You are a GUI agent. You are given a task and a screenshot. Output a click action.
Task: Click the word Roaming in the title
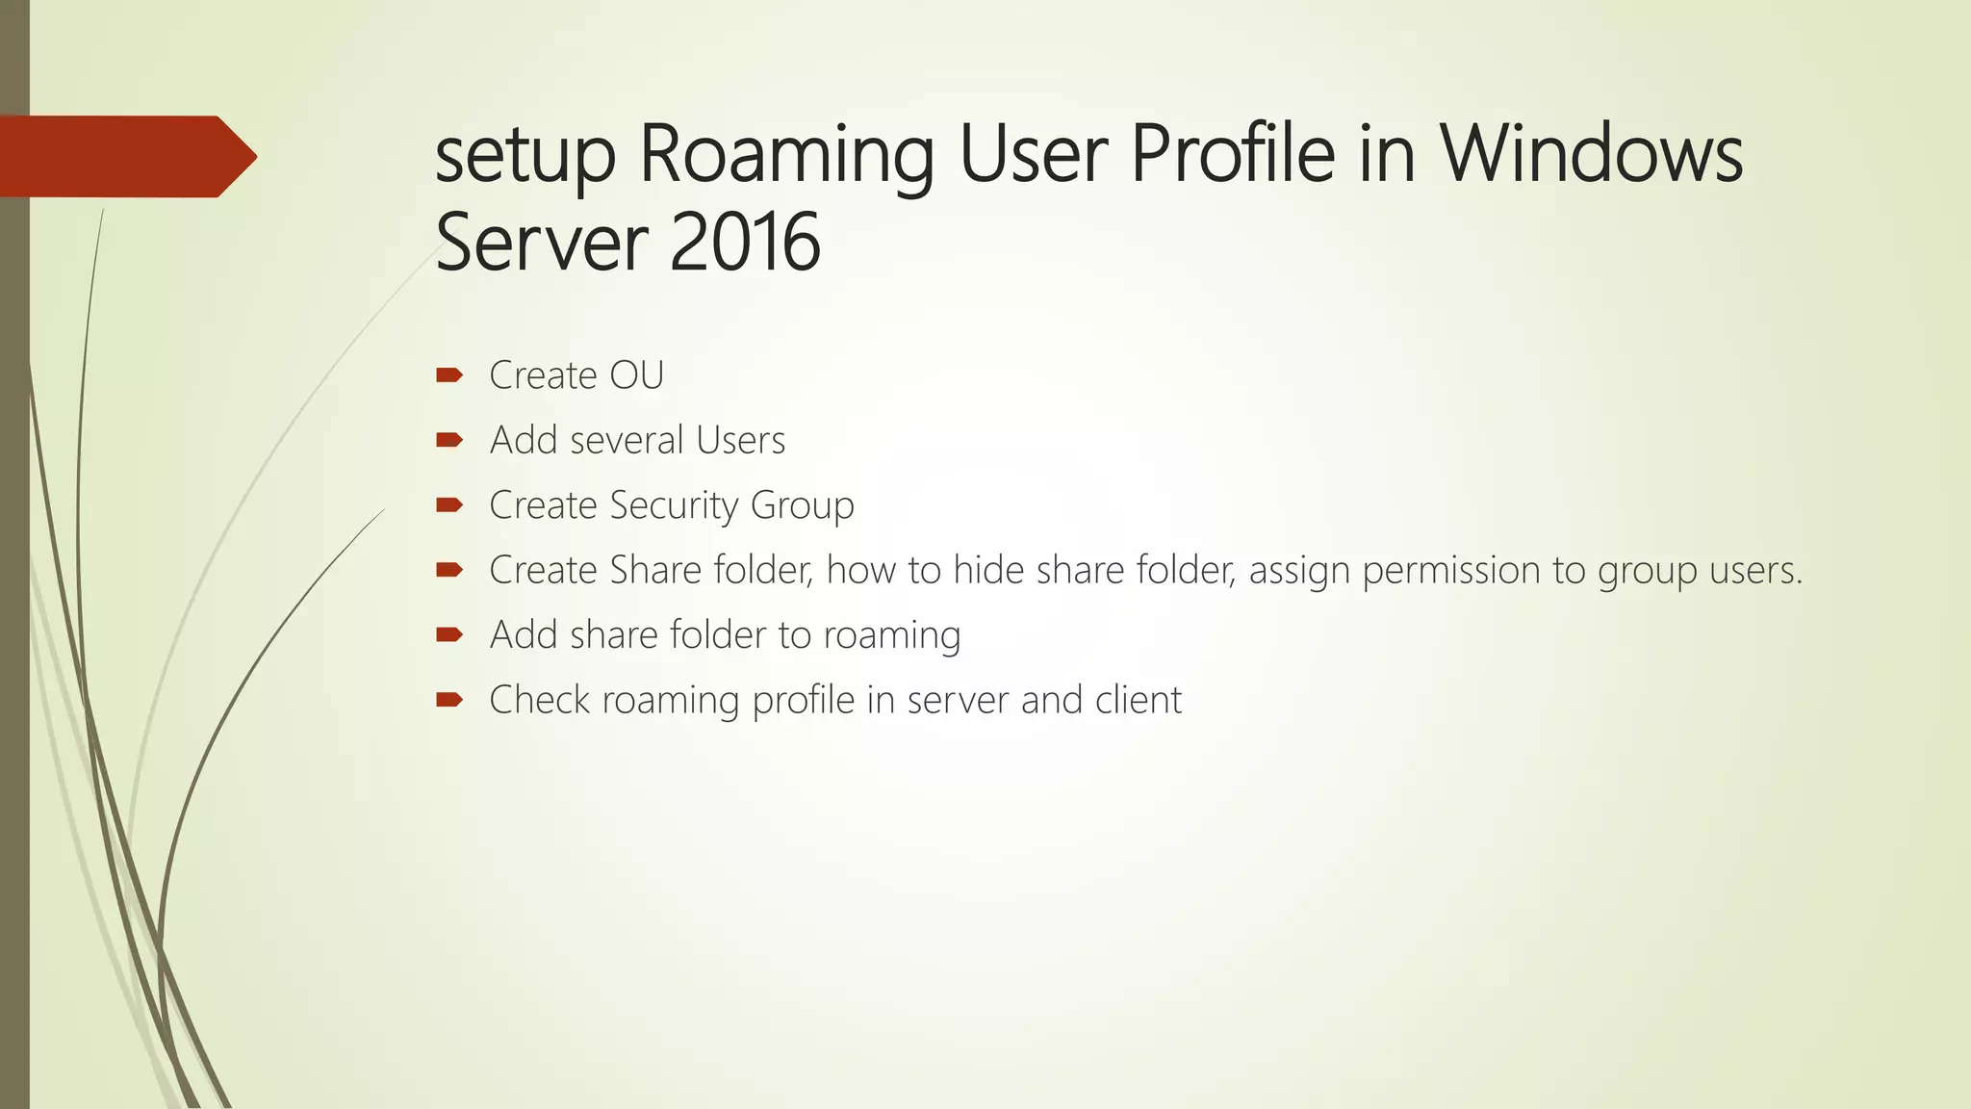786,156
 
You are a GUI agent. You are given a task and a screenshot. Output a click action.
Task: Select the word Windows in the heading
1591,154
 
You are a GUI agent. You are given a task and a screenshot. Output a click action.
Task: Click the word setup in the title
525,156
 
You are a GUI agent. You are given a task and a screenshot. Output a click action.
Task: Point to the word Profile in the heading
1232,154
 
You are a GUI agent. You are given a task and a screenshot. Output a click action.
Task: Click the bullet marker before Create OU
448,375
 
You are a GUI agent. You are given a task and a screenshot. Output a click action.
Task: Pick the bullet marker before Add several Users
448,441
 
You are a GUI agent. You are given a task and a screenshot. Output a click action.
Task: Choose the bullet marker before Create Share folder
448,570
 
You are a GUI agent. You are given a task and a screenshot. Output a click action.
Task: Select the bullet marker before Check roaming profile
448,700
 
